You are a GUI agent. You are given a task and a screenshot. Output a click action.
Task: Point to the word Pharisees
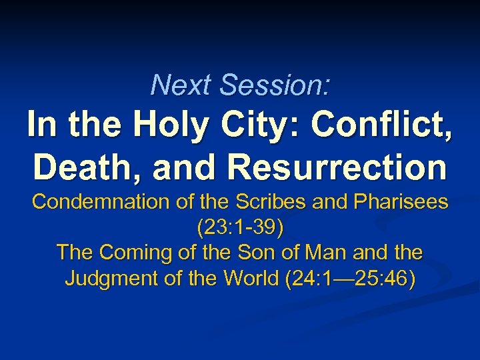point(406,202)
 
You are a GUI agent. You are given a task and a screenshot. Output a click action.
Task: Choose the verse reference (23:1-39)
point(240,228)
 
